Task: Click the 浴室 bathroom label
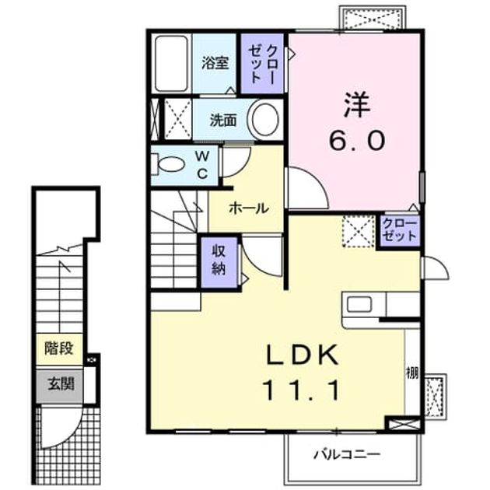(215, 63)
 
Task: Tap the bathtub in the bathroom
(172, 64)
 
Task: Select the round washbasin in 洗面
(265, 120)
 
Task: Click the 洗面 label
(223, 120)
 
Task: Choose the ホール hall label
(249, 208)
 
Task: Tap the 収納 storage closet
(219, 262)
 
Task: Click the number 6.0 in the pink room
(356, 141)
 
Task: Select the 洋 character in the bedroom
(357, 104)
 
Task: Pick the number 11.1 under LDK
(303, 390)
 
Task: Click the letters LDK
(303, 355)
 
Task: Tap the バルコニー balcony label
(347, 454)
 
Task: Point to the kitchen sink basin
(359, 304)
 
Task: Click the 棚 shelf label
(412, 373)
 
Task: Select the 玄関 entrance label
(61, 383)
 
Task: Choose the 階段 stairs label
(59, 348)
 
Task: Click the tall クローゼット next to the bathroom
(263, 64)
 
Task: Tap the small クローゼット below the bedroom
(400, 230)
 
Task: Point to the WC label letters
(202, 166)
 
